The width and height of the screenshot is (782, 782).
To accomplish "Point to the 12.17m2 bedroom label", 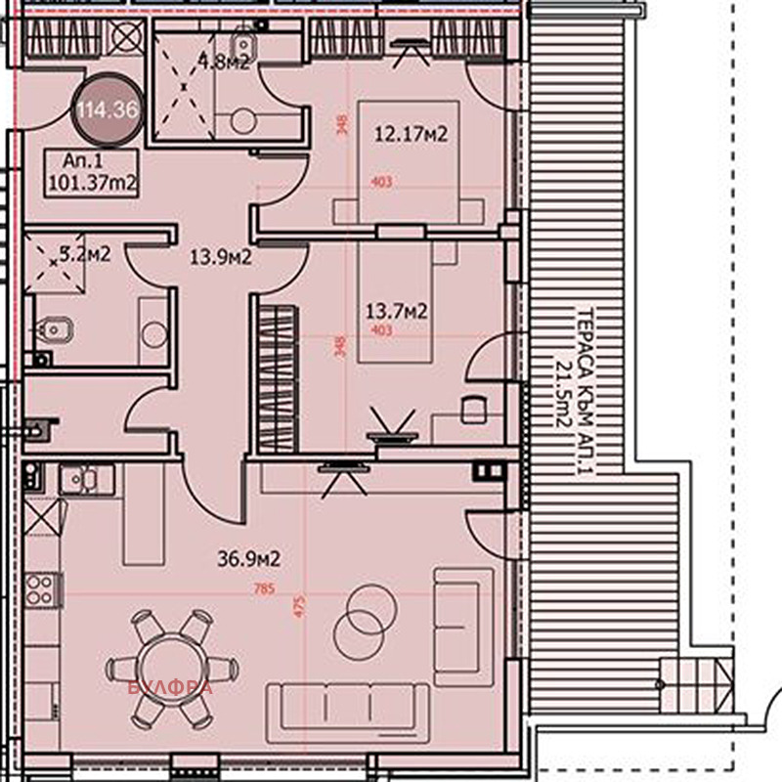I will tap(411, 135).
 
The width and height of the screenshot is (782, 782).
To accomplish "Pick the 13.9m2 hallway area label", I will tap(221, 258).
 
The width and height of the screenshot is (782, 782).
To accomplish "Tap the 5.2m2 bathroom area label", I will tap(84, 254).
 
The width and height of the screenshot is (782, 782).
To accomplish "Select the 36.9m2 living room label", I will tap(248, 559).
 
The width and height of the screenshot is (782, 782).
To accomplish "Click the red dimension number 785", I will tap(262, 589).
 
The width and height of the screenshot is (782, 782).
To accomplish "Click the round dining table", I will tap(171, 669).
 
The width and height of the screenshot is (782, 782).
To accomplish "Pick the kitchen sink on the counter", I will tap(84, 479).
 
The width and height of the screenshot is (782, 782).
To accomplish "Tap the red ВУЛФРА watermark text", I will tap(170, 687).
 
